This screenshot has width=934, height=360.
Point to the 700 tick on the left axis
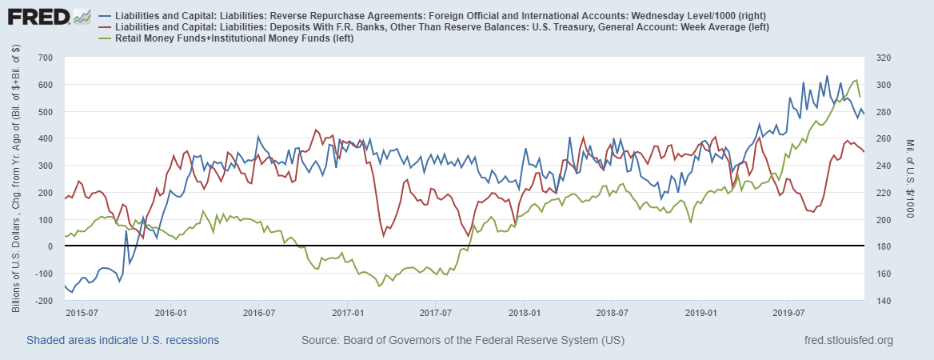pyautogui.click(x=44, y=58)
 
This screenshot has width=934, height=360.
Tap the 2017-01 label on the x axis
pyautogui.click(x=348, y=311)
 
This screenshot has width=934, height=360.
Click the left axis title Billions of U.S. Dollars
pyautogui.click(x=16, y=181)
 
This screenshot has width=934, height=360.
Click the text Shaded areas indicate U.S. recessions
pyautogui.click(x=122, y=341)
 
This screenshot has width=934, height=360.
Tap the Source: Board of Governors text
pyautogui.click(x=462, y=341)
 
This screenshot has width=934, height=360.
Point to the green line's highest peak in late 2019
pyautogui.click(x=856, y=80)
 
